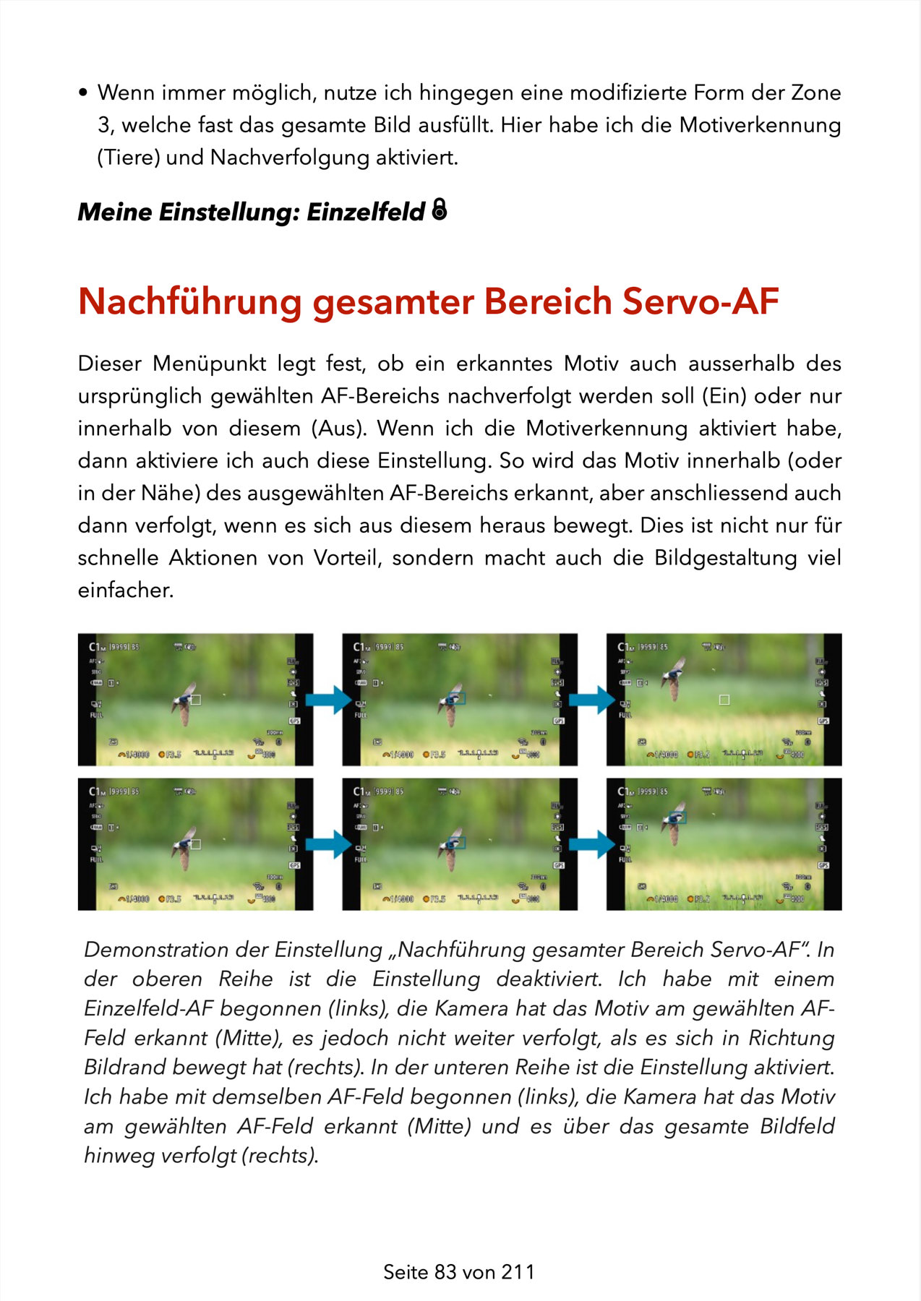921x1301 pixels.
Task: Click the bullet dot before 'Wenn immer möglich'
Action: (83, 93)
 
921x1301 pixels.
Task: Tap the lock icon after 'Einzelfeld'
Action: (439, 210)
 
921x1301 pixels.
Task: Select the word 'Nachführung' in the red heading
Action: (189, 301)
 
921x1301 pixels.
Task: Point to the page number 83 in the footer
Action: (445, 1272)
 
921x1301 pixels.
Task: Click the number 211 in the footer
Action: (518, 1272)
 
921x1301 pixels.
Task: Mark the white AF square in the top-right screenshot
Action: (724, 700)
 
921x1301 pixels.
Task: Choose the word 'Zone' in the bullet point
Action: (816, 93)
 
